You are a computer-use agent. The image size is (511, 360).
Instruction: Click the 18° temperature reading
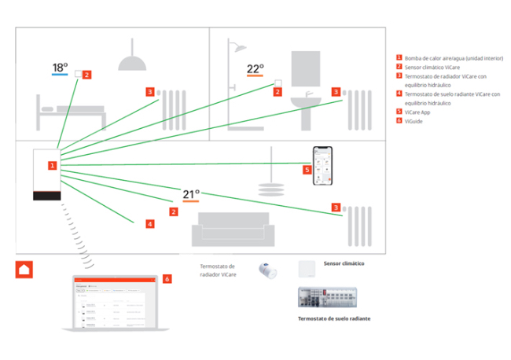coord(61,68)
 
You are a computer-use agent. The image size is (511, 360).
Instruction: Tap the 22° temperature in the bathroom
coord(255,68)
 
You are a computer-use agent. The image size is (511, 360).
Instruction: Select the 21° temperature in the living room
coord(191,194)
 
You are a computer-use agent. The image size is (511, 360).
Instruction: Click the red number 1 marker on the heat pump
coord(52,166)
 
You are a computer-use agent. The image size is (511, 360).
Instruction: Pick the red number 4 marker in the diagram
coord(150,224)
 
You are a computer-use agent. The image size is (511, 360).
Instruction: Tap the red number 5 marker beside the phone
coord(307,169)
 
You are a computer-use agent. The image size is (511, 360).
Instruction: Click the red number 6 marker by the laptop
coord(167,278)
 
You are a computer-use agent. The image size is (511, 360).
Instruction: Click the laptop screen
coord(114,302)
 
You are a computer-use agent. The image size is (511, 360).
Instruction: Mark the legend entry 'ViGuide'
coord(413,120)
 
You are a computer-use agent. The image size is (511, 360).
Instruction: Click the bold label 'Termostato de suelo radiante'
coord(333,318)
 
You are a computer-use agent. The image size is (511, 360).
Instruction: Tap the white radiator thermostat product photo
coord(268,270)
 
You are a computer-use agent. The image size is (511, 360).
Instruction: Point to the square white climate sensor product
coord(307,269)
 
